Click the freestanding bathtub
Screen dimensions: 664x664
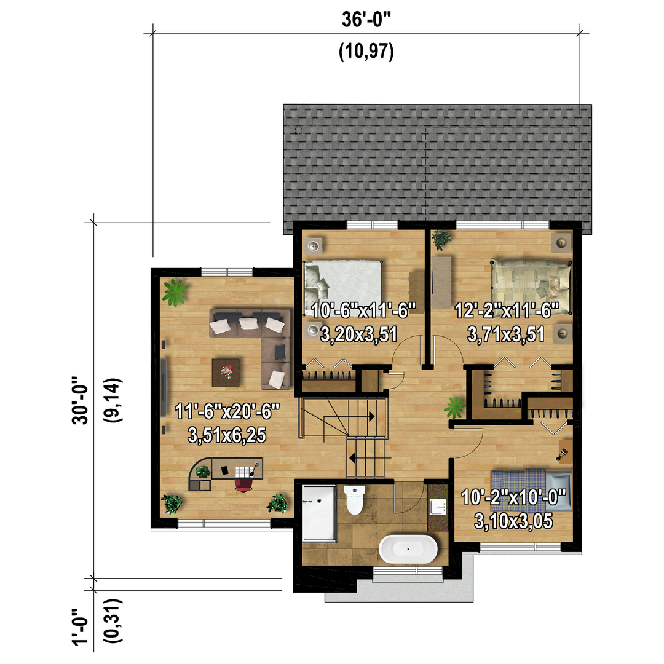pyautogui.click(x=408, y=549)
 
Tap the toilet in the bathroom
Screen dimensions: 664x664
pyautogui.click(x=355, y=500)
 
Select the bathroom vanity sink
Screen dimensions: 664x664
pyautogui.click(x=438, y=507)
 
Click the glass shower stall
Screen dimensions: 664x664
pyautogui.click(x=320, y=513)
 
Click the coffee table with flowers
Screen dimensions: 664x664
pyautogui.click(x=226, y=373)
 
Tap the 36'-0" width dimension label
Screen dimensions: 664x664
pyautogui.click(x=366, y=20)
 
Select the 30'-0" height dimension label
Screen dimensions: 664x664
pyautogui.click(x=81, y=400)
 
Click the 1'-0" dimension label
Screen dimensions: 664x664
pyautogui.click(x=81, y=627)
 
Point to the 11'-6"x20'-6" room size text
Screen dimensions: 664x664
pyautogui.click(x=227, y=411)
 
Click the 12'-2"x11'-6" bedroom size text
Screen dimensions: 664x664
pyautogui.click(x=507, y=311)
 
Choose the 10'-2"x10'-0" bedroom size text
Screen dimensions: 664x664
pyautogui.click(x=513, y=497)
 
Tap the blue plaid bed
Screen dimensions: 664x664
pyautogui.click(x=531, y=489)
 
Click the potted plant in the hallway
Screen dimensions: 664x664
pyautogui.click(x=455, y=408)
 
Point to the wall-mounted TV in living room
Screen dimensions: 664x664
pyautogui.click(x=164, y=386)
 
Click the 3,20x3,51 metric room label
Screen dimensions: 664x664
pyautogui.click(x=358, y=334)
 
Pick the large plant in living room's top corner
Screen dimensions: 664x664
pyautogui.click(x=175, y=292)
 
